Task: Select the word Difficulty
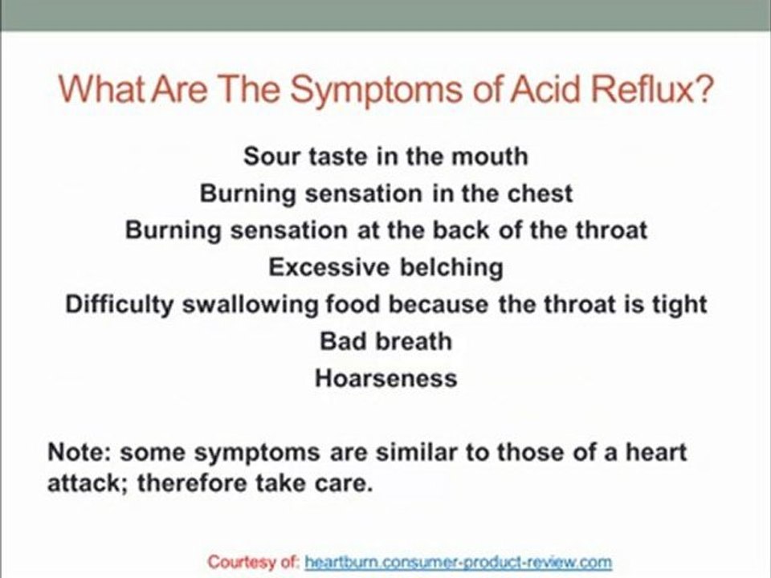(x=120, y=305)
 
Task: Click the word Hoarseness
(x=386, y=378)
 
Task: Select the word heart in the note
(x=656, y=452)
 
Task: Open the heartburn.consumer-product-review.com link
(x=459, y=562)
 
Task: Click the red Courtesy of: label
(x=253, y=562)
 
